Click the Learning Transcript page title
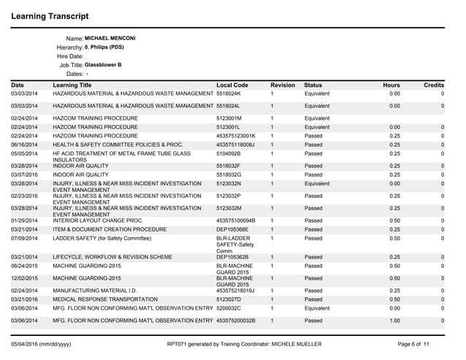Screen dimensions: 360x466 click(50, 15)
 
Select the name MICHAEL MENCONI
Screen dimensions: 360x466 click(110, 38)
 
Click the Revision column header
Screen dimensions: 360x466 click(283, 85)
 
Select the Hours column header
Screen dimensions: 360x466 click(391, 85)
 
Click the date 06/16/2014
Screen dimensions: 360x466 click(25, 144)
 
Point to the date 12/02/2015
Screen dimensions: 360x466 click(25, 278)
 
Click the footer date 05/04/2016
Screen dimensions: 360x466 click(26, 342)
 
